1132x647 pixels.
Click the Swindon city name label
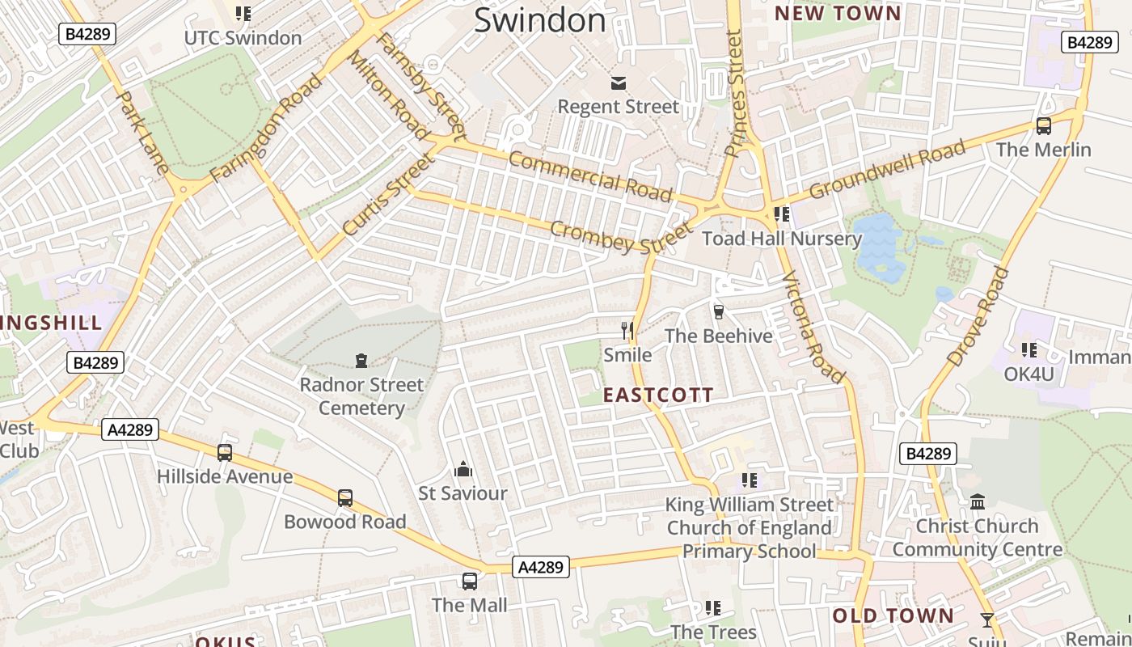539,20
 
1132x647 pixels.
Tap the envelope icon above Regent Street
619,83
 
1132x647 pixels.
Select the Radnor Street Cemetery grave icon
361,360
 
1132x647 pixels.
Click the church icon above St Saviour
463,469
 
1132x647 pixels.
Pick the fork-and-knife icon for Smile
627,330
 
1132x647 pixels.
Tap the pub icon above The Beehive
718,311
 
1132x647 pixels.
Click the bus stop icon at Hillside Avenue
225,453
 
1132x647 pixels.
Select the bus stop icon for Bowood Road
345,498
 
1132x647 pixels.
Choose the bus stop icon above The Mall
469,581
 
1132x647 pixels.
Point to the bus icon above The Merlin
1043,126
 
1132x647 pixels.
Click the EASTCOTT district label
658,395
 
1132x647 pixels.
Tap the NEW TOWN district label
837,14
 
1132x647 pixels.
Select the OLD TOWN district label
893,615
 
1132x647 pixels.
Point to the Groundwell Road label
887,170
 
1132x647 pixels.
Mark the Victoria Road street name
813,327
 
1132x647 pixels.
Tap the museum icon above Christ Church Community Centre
977,502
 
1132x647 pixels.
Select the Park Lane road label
142,133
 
